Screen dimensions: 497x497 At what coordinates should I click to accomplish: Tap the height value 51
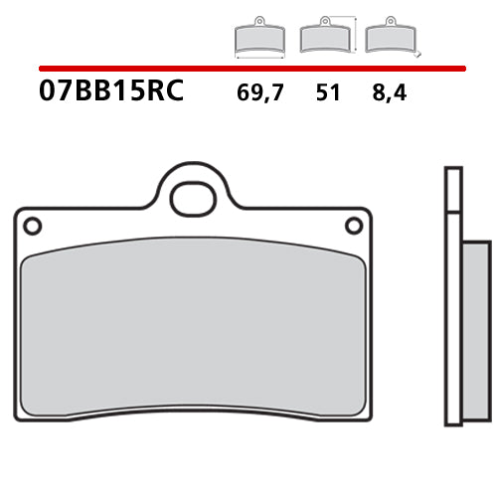pos(327,94)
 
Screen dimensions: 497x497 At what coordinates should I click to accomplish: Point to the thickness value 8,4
pos(391,94)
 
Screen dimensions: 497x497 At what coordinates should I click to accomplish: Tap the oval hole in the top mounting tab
pos(193,199)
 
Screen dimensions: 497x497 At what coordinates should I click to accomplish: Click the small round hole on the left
pos(32,227)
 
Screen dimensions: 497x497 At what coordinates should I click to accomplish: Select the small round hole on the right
pos(354,227)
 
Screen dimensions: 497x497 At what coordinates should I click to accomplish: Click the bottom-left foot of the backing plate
pos(30,414)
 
